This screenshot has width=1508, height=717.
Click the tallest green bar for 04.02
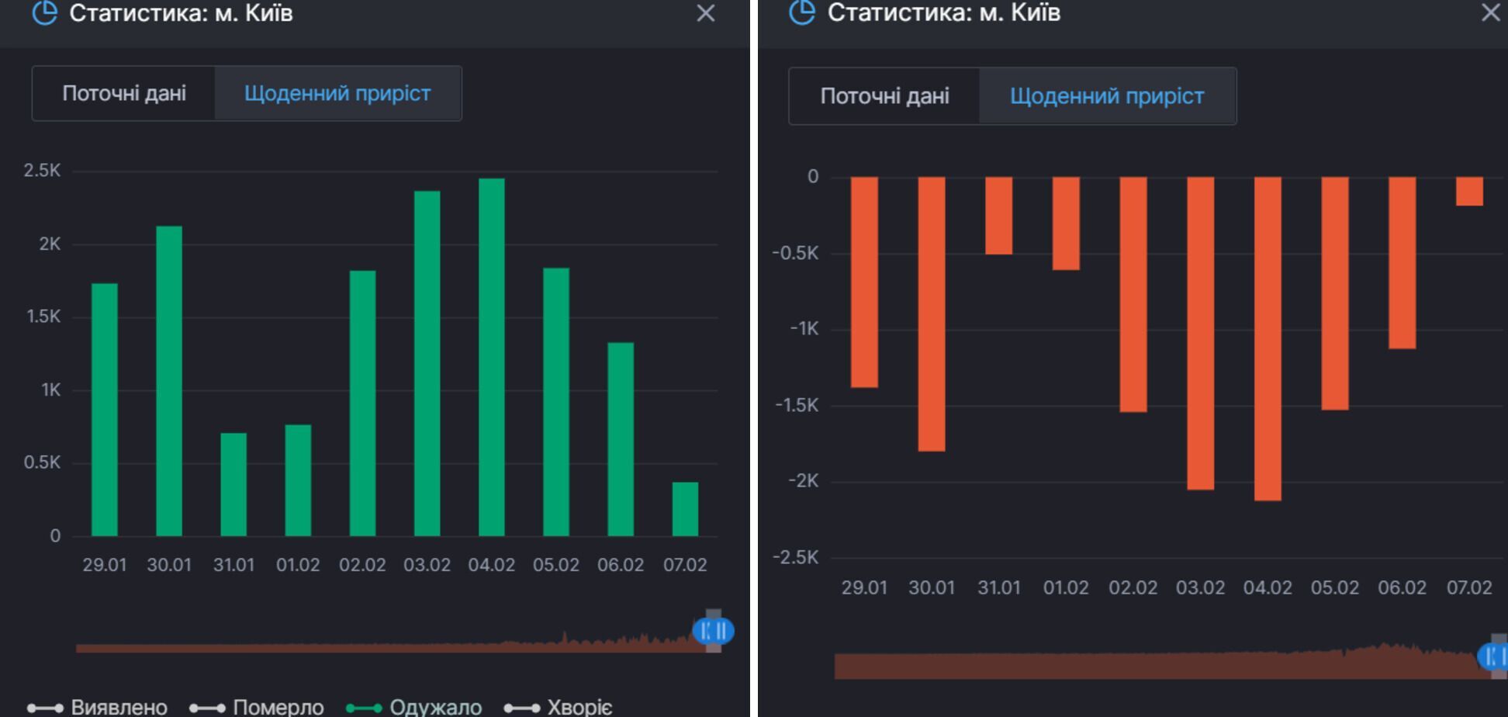click(492, 357)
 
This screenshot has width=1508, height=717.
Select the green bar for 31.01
click(233, 484)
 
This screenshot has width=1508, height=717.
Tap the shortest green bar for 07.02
click(685, 509)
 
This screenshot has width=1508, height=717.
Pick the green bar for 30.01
click(169, 380)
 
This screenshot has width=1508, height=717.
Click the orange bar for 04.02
click(1268, 338)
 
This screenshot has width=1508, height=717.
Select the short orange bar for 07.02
click(1469, 191)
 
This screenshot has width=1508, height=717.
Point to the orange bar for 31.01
click(999, 216)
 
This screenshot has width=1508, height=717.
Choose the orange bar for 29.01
click(864, 282)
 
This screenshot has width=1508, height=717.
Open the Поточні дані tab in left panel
click(124, 94)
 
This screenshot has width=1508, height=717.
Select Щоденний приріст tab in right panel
click(1107, 96)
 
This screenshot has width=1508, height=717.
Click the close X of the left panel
click(705, 13)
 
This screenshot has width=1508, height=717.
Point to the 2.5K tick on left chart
click(42, 171)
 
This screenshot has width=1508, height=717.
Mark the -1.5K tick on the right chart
click(797, 405)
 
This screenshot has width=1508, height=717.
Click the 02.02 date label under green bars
click(362, 565)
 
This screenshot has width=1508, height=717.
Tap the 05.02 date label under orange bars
click(1334, 588)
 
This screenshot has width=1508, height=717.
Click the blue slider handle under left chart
click(713, 631)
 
